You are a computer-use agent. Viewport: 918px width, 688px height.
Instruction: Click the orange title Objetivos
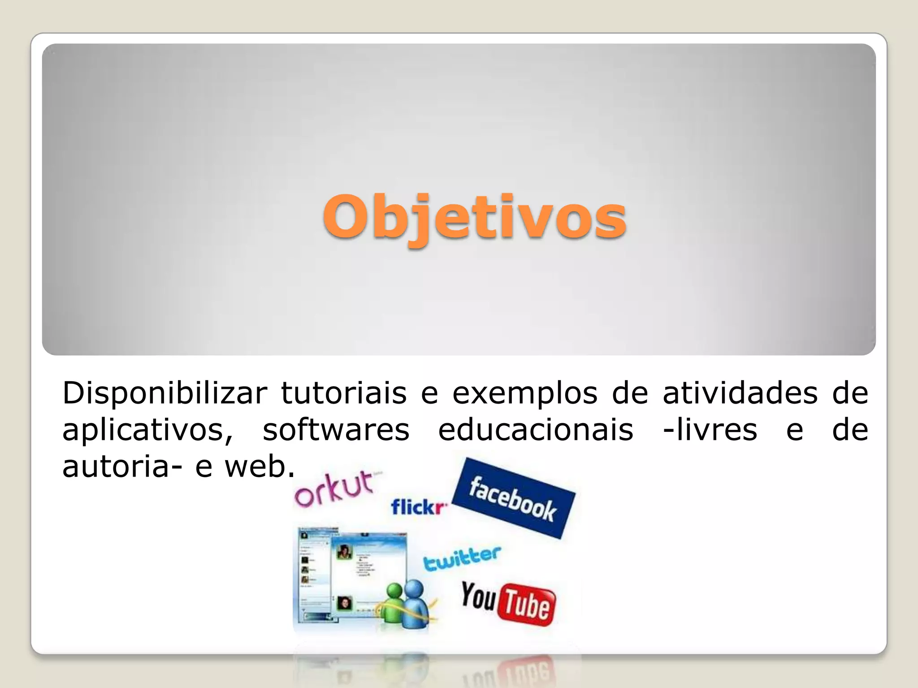[474, 218]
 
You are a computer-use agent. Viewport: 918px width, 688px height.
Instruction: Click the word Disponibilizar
[165, 393]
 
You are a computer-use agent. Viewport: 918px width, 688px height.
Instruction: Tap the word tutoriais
[343, 393]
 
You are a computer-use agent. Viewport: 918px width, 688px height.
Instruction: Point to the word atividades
[740, 393]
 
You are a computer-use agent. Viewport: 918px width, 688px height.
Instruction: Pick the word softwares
[336, 430]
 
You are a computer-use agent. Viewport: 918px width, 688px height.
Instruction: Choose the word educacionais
[536, 430]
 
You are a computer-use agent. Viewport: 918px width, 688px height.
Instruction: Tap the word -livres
[710, 430]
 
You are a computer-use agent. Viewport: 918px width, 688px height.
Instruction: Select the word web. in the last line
[260, 467]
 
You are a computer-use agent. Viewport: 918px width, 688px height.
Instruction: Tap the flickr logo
[419, 507]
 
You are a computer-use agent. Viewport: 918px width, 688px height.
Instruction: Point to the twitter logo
[462, 559]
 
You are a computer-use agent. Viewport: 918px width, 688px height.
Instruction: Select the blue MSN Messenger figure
[415, 605]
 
